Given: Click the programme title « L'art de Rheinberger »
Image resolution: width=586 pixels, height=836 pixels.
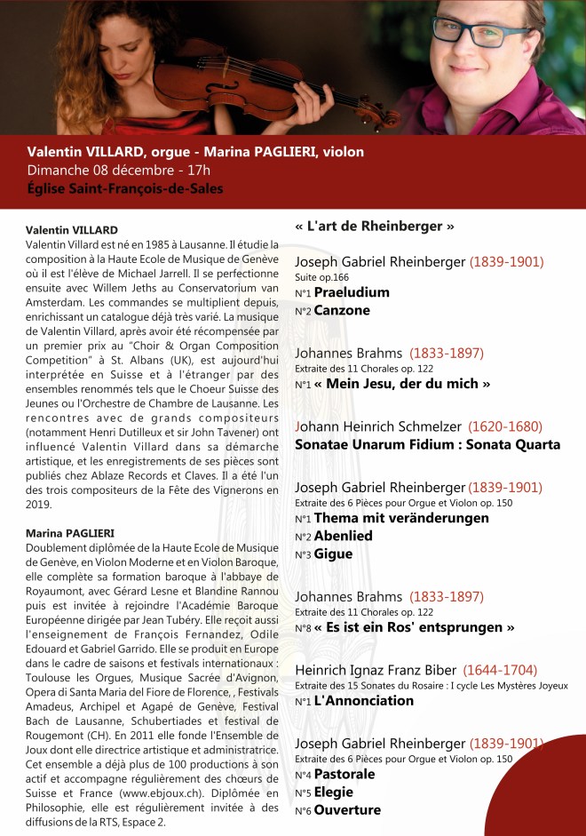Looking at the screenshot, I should click(x=374, y=226).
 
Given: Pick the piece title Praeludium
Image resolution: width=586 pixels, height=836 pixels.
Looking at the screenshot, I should click(x=352, y=292).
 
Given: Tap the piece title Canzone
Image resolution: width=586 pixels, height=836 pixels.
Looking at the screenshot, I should click(x=342, y=310).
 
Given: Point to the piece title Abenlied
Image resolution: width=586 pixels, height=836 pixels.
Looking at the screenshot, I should click(x=344, y=536).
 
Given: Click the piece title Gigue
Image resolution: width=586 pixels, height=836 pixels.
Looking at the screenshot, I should click(x=334, y=553).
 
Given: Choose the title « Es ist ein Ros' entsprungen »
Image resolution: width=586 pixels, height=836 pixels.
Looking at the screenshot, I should click(x=415, y=627).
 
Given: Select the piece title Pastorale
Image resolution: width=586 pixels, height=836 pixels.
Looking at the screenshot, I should click(x=345, y=774).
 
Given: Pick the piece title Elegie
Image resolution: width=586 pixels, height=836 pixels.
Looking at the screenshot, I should click(x=334, y=792).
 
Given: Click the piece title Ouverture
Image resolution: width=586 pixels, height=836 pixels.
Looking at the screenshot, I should click(x=348, y=809).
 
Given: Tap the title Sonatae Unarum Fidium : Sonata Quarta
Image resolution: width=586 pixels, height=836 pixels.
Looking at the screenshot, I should click(x=427, y=444).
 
